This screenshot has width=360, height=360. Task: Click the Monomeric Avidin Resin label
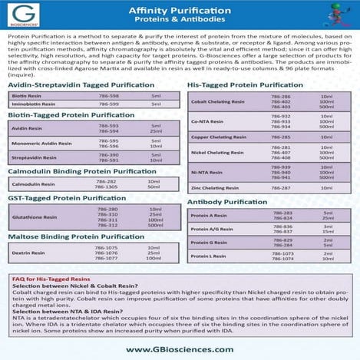(38, 144)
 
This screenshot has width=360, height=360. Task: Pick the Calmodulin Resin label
(34, 184)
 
